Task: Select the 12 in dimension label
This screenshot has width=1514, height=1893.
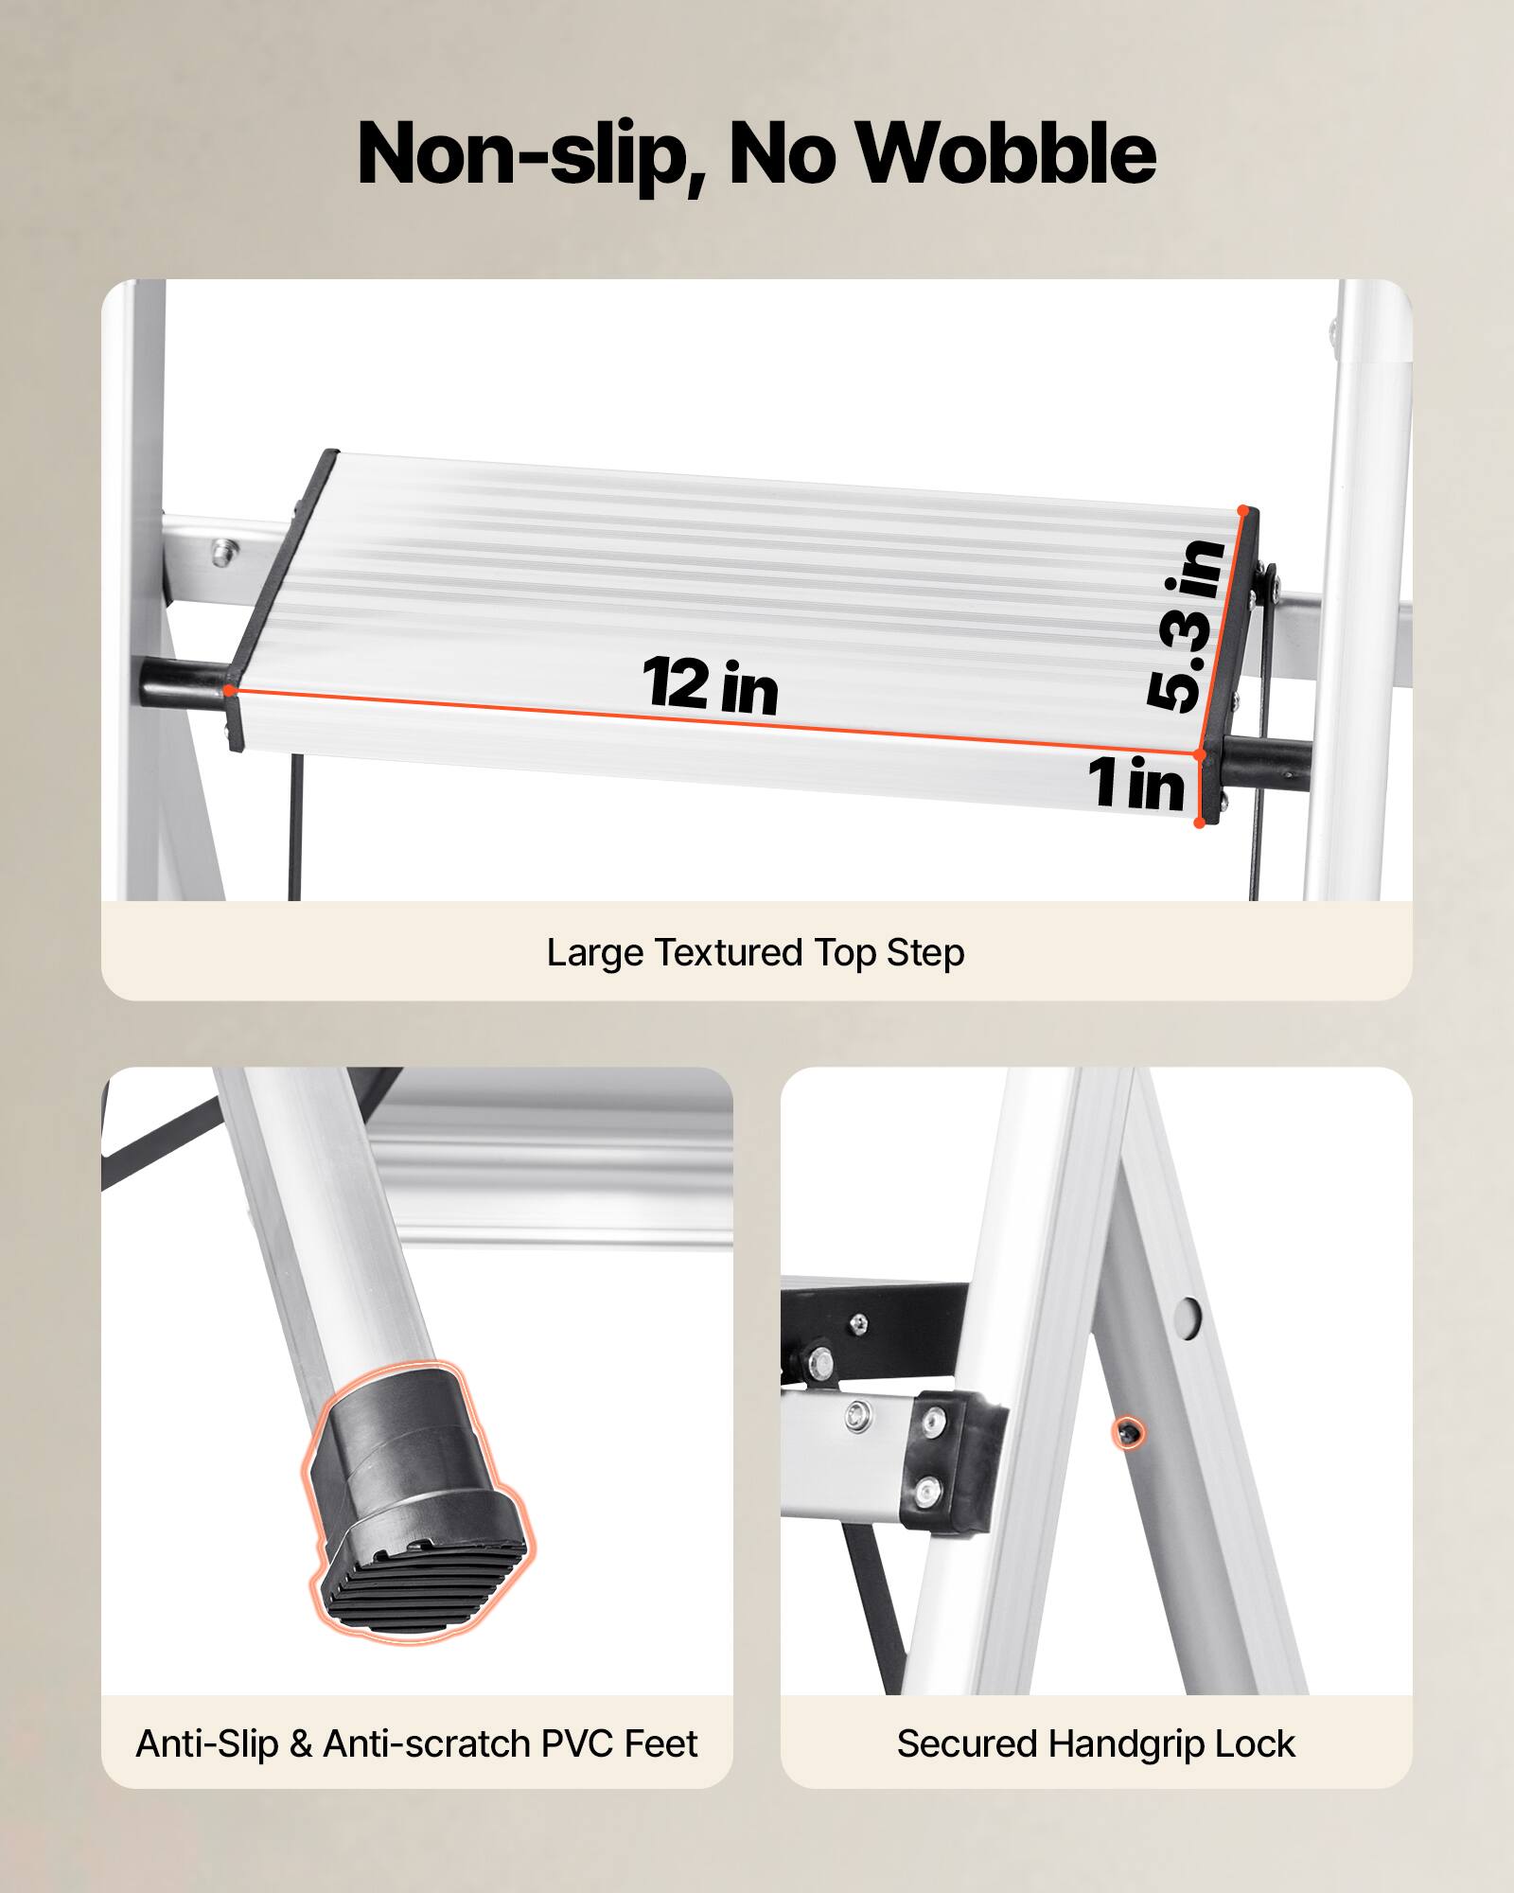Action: [710, 684]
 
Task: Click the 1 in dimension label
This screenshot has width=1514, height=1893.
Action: [1135, 784]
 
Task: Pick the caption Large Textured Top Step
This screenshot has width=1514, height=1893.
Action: [755, 952]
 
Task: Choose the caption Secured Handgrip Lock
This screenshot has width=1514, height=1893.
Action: [1096, 1743]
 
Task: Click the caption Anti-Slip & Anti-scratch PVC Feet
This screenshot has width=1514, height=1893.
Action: [416, 1743]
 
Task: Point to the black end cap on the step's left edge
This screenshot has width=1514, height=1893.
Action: [284, 596]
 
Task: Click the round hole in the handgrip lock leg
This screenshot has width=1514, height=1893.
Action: [1190, 1315]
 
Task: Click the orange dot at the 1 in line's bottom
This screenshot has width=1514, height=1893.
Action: [1199, 823]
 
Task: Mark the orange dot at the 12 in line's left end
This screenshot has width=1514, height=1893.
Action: [231, 690]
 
